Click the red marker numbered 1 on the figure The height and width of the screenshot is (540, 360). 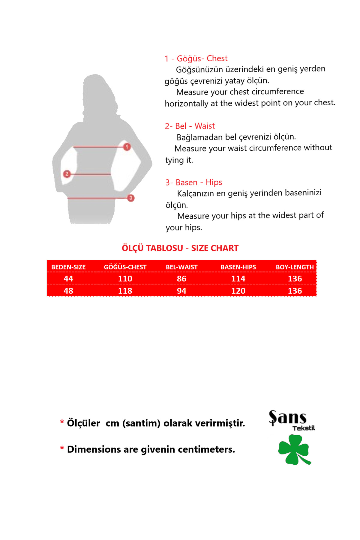(127, 147)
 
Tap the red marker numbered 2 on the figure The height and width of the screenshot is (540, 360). (67, 174)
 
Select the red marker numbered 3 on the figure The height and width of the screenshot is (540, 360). (130, 198)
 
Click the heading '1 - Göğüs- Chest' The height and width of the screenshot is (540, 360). (196, 58)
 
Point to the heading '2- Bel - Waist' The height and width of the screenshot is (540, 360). (190, 126)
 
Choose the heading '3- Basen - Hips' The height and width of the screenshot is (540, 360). (193, 182)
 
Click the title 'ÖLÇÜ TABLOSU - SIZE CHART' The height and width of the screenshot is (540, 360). (180, 248)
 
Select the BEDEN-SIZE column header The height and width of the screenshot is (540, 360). (68, 267)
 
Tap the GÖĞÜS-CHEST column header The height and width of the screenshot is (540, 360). (125, 267)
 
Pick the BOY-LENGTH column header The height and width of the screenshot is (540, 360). (295, 267)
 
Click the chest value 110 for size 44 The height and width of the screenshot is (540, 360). (125, 279)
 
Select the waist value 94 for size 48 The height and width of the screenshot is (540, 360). (181, 291)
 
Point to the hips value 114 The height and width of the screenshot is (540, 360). (238, 279)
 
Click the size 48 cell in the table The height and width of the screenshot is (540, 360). (68, 291)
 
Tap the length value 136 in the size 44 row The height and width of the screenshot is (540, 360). (295, 279)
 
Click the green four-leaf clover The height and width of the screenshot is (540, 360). (293, 449)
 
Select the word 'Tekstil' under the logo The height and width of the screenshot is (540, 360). (304, 428)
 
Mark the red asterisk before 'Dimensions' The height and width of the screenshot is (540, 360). (62, 448)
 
